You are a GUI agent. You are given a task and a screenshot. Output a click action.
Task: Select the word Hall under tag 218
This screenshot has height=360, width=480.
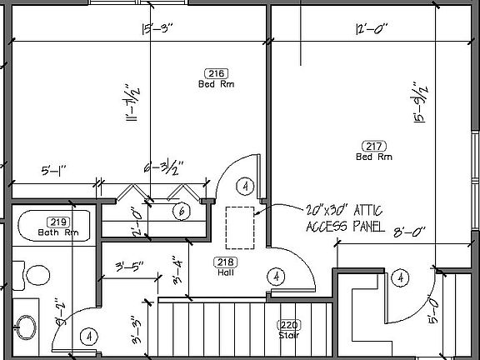click(x=225, y=272)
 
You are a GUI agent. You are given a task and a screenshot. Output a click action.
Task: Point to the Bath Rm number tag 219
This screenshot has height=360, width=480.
click(x=57, y=222)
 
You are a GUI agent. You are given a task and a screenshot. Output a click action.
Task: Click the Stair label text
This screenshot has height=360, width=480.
click(x=288, y=336)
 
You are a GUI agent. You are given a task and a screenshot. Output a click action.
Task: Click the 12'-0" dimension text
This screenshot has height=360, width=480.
click(x=367, y=29)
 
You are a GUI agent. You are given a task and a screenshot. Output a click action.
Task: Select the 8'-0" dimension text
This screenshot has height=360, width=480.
click(x=407, y=233)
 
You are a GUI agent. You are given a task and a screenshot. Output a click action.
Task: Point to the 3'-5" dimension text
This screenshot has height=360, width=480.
click(x=130, y=267)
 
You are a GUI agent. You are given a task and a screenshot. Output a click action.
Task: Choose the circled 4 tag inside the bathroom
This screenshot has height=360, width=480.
click(x=87, y=336)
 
